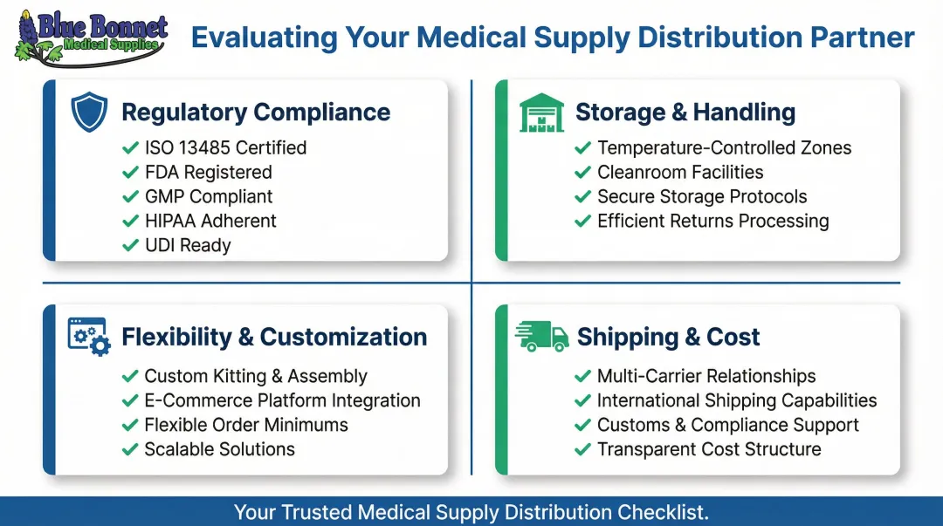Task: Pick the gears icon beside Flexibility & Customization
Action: (89, 336)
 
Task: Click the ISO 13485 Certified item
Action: (225, 148)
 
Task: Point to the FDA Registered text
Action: (208, 173)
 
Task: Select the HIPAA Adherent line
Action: (210, 222)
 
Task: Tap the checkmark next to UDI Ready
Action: (130, 246)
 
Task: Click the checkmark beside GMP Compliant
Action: (130, 197)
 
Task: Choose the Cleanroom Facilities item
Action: (680, 173)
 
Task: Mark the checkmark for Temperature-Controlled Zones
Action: (582, 148)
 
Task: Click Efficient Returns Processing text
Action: (712, 222)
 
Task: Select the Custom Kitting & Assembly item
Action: (256, 377)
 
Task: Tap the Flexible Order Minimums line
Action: (246, 426)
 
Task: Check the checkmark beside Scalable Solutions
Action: (130, 450)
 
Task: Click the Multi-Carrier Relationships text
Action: (706, 377)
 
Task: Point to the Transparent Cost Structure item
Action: (709, 450)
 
